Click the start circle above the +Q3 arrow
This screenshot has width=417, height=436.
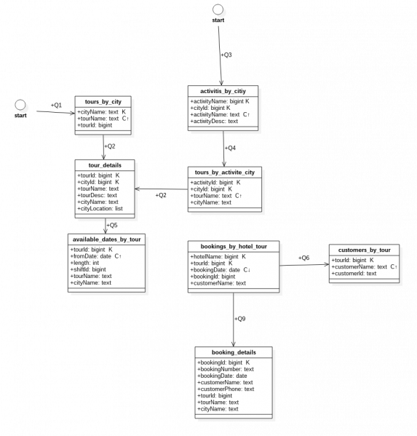pyautogui.click(x=218, y=9)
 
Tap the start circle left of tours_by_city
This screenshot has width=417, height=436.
pyautogui.click(x=20, y=105)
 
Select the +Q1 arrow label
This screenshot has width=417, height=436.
pyautogui.click(x=56, y=105)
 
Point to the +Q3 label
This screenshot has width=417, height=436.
pyautogui.click(x=226, y=55)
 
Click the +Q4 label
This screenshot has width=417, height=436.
pyautogui.click(x=230, y=148)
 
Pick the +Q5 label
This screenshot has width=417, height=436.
pyautogui.click(x=112, y=225)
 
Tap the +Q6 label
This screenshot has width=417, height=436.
pyautogui.click(x=304, y=258)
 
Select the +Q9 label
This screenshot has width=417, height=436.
pyautogui.click(x=240, y=319)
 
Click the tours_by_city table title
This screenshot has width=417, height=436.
pyautogui.click(x=103, y=102)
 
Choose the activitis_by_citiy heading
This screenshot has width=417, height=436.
pyautogui.click(x=223, y=91)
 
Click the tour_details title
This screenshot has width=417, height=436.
pyautogui.click(x=105, y=165)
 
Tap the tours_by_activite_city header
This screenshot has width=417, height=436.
pyautogui.click(x=225, y=173)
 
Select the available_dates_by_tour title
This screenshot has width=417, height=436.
pyautogui.click(x=106, y=239)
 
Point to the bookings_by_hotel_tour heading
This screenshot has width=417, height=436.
pyautogui.click(x=234, y=246)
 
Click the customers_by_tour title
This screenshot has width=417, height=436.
pyautogui.click(x=364, y=250)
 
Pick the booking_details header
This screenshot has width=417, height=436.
pyautogui.click(x=234, y=352)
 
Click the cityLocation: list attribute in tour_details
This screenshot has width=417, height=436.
pyautogui.click(x=100, y=209)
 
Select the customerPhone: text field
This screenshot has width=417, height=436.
pyautogui.click(x=226, y=389)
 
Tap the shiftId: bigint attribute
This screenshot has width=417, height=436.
pyautogui.click(x=88, y=269)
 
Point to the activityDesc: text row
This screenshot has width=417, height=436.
pyautogui.click(x=214, y=122)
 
